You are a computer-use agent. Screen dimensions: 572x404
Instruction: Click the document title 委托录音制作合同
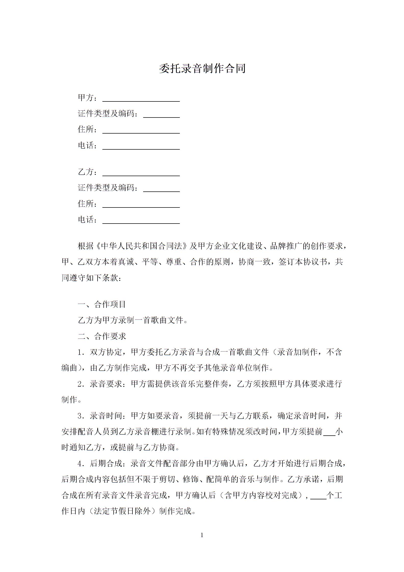click(202, 69)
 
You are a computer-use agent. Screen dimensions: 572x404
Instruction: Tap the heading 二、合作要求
click(102, 336)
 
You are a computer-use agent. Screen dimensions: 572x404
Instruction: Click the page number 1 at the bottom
click(202, 535)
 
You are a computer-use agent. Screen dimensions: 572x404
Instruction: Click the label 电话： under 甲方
click(87, 146)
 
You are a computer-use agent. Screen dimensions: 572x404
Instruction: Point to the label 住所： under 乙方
click(87, 204)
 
